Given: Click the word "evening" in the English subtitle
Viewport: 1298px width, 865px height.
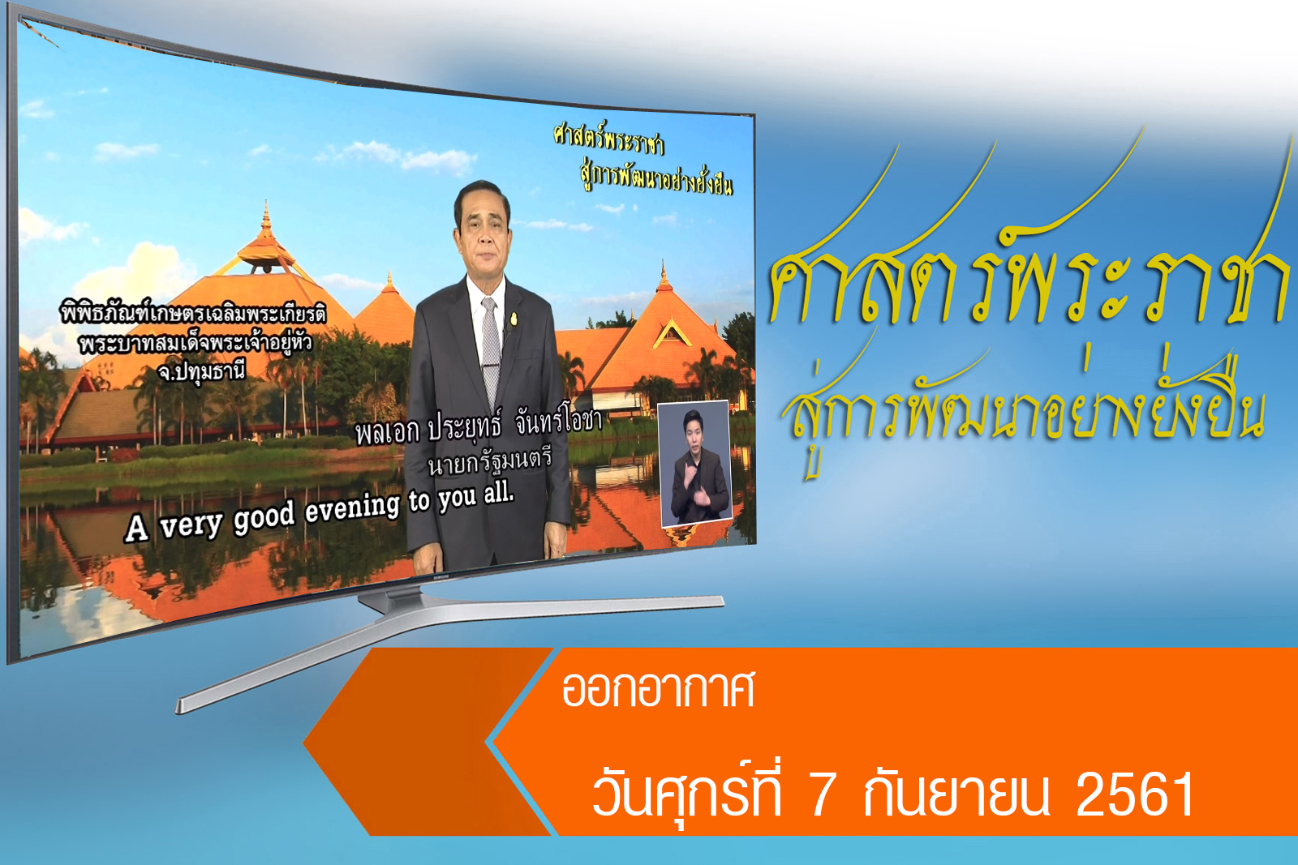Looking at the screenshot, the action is point(352,508).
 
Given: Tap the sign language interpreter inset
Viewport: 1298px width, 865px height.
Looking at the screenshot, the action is point(695,463).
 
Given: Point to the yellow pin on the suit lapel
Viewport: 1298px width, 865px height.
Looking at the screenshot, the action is point(513,319).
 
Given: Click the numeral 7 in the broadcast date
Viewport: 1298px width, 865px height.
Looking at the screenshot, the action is point(821,794).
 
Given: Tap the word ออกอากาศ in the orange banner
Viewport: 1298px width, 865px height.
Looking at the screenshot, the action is point(658,689).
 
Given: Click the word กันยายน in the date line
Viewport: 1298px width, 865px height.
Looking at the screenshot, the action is point(956,793).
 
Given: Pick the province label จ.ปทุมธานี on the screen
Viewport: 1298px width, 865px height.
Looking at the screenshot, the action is point(202,371).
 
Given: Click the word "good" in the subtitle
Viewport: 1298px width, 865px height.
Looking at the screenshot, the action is point(264,517).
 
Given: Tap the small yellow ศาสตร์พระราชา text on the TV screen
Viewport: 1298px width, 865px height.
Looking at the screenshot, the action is point(608,141).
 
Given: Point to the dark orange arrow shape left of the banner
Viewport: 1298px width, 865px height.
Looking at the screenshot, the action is point(429,742).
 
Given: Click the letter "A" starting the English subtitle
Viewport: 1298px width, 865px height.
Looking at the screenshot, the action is point(137,529).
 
